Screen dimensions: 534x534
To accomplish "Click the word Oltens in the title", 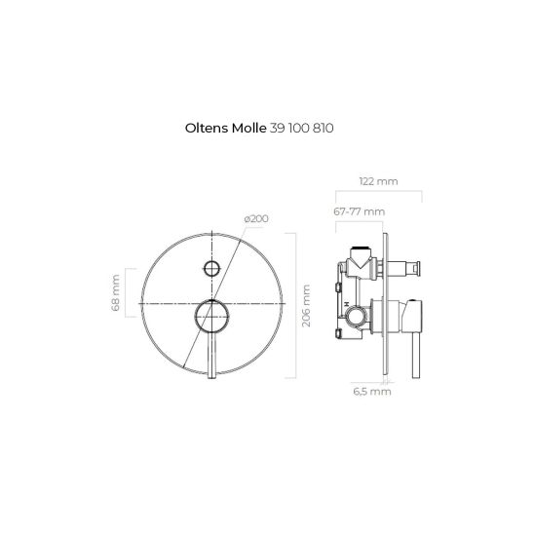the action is click(x=207, y=129).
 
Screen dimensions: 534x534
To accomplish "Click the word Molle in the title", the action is click(x=248, y=129).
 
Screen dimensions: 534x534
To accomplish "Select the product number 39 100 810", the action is click(x=301, y=129).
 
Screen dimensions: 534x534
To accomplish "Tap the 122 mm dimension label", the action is click(x=378, y=181).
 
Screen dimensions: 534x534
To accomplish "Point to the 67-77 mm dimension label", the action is click(x=359, y=211).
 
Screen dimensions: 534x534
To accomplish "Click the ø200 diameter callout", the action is click(x=256, y=218).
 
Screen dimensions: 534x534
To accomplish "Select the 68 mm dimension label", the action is click(x=115, y=293).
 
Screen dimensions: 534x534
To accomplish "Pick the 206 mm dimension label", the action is click(x=306, y=305).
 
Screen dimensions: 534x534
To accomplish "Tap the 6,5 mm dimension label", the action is click(x=372, y=392).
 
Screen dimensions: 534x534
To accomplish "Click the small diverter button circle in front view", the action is click(x=211, y=268).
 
